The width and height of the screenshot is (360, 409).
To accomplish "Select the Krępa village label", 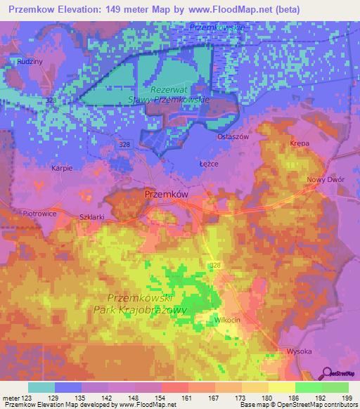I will (300, 143).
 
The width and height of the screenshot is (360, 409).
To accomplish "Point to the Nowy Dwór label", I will (325, 180).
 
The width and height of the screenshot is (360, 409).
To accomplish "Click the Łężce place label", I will (209, 162).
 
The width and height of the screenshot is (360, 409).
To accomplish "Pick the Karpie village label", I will (63, 169).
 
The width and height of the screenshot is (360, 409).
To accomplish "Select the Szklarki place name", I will (92, 217).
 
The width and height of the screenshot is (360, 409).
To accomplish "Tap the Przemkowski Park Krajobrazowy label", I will (140, 303).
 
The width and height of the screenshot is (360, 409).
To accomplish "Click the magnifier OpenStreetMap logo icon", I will (327, 372).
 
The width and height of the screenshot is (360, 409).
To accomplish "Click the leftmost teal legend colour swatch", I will (41, 387).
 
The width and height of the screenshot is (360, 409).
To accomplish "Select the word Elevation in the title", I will (75, 9).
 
